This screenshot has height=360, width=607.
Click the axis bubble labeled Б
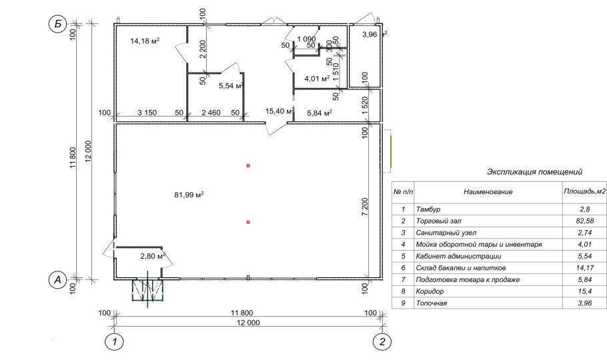pos(57,24)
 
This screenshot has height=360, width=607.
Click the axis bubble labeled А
pos(57,279)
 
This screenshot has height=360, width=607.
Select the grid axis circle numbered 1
pos(114,342)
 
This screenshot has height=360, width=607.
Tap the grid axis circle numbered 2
pos(382,342)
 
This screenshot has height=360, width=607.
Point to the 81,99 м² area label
pos(189,195)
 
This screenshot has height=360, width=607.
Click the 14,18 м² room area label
pos(145,41)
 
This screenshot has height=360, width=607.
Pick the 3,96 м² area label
pos(374,35)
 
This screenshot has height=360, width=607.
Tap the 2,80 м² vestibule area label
pos(153,256)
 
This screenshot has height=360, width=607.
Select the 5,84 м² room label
pos(320,113)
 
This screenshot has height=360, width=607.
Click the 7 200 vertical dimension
pos(365,207)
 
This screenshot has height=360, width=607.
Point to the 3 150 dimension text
pos(147,113)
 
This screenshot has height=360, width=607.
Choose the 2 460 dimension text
pos(211,113)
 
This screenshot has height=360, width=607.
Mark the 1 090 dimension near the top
pos(307,39)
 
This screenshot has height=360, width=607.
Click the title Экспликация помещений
pos(534,172)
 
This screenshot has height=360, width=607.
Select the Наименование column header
pos(488,191)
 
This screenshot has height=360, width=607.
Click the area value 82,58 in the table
pos(584,221)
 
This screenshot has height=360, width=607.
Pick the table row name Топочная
pos(432,303)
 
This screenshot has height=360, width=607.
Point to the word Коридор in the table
pos(430,291)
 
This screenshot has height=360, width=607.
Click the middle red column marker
pos(248,222)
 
